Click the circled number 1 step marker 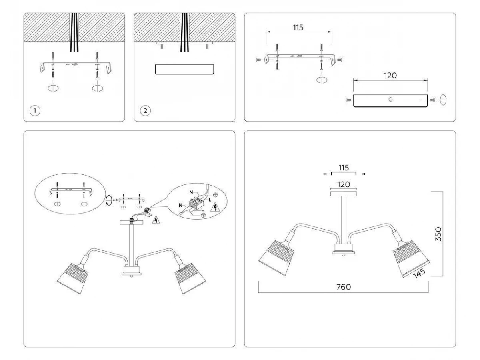click(x=35, y=111)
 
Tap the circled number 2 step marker click(x=146, y=111)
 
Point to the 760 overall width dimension click(x=344, y=287)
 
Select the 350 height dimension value click(x=438, y=234)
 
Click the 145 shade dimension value click(x=419, y=273)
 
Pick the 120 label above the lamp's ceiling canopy click(x=344, y=184)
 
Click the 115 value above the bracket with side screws click(x=298, y=28)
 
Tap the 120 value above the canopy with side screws click(x=390, y=76)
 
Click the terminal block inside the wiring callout click(x=196, y=203)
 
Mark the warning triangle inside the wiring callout click(x=215, y=207)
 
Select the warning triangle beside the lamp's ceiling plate click(x=156, y=220)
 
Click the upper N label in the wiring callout click(x=191, y=192)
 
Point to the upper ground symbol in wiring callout click(x=215, y=194)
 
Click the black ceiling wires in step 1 click(x=74, y=32)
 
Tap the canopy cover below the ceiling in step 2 click(x=184, y=70)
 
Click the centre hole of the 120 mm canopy click(x=390, y=100)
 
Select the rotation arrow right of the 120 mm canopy click(x=443, y=100)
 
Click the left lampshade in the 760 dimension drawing click(x=276, y=258)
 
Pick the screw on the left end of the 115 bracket click(x=258, y=60)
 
